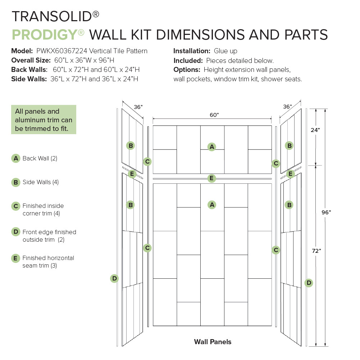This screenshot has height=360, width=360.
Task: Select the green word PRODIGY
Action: pyautogui.click(x=45, y=35)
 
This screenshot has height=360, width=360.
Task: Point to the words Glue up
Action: pyautogui.click(x=225, y=51)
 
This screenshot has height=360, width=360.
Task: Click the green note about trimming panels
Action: pyautogui.click(x=44, y=119)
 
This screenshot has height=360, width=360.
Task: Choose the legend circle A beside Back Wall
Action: pyautogui.click(x=15, y=158)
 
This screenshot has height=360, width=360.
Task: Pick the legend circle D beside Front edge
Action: pyautogui.click(x=15, y=232)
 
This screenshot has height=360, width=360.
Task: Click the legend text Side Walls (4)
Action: pyautogui.click(x=40, y=182)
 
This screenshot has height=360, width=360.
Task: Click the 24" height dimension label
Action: pyautogui.click(x=315, y=130)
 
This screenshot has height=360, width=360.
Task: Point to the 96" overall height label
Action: pyautogui.click(x=326, y=212)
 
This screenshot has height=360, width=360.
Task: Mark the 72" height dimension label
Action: pyautogui.click(x=316, y=251)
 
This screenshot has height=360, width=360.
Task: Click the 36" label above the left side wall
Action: pyautogui.click(x=138, y=107)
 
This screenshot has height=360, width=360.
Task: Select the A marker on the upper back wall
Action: pyautogui.click(x=212, y=146)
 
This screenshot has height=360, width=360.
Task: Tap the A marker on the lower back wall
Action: pyautogui.click(x=212, y=205)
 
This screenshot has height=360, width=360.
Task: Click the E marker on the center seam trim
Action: pyautogui.click(x=212, y=178)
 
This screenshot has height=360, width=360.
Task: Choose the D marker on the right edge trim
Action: pyautogui.click(x=309, y=283)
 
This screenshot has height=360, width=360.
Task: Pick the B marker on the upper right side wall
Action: pyautogui.click(x=289, y=146)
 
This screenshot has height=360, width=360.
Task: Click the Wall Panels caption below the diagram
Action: pyautogui.click(x=213, y=342)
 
